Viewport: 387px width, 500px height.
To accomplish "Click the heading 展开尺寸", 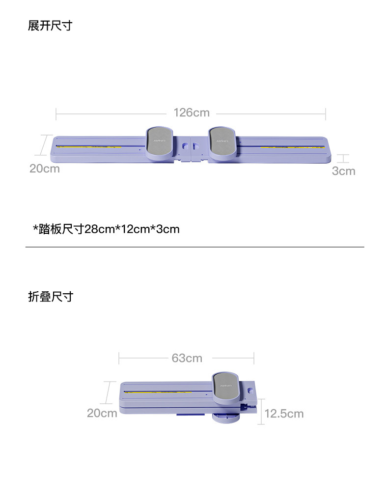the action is click(50, 26).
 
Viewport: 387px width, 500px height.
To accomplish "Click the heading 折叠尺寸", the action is click(50, 297).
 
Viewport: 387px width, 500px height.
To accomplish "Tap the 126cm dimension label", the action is click(191, 113).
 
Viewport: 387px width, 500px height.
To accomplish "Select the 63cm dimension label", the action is click(187, 359).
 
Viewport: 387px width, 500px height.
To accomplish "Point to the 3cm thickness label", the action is click(343, 171).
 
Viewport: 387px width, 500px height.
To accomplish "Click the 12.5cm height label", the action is click(284, 414).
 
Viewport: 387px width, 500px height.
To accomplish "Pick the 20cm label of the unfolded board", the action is click(44, 169).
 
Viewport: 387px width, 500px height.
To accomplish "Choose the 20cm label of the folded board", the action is click(102, 413).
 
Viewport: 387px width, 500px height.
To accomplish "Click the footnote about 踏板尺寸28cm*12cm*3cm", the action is click(106, 229).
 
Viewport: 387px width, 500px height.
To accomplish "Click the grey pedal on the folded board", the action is click(226, 386).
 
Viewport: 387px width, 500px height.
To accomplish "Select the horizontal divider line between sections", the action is click(194, 247).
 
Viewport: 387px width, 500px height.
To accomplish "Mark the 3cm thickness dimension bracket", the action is click(343, 159).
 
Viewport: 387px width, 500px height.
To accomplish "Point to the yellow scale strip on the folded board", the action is click(167, 391).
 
